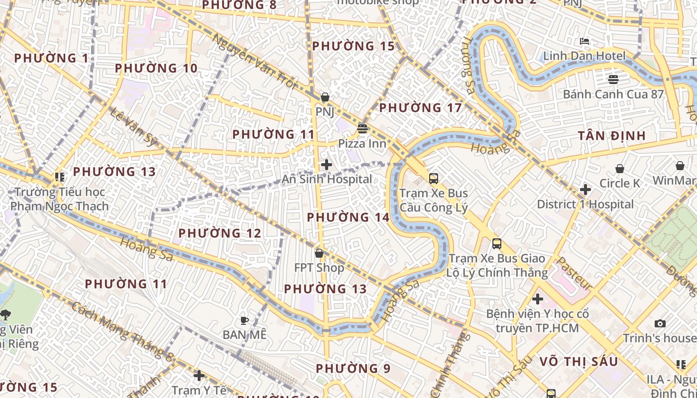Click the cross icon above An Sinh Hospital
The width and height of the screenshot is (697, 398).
click(x=327, y=165)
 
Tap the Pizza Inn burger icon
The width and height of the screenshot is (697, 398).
click(x=362, y=129)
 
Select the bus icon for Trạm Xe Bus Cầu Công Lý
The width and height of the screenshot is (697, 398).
click(x=434, y=178)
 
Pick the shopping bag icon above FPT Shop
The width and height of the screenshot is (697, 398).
click(x=319, y=254)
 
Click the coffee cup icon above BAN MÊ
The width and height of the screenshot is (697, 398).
click(x=244, y=320)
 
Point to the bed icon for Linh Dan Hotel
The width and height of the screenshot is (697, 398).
click(x=585, y=41)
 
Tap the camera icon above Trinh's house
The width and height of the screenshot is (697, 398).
click(x=660, y=324)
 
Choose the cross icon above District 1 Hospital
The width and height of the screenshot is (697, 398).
click(x=585, y=190)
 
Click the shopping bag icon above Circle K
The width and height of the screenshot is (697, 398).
click(x=620, y=169)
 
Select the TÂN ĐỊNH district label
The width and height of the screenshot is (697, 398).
click(x=612, y=136)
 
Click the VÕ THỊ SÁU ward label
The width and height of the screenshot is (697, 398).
click(x=579, y=362)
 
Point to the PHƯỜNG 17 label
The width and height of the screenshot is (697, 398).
click(x=420, y=107)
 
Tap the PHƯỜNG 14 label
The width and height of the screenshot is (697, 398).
click(x=348, y=217)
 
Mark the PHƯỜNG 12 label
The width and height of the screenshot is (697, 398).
click(x=220, y=233)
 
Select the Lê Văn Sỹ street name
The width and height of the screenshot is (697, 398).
click(x=132, y=127)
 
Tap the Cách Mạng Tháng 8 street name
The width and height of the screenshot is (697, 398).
click(x=122, y=331)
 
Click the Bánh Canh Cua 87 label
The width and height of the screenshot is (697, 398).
click(x=613, y=94)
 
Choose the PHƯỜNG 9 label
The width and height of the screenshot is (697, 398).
click(x=353, y=369)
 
